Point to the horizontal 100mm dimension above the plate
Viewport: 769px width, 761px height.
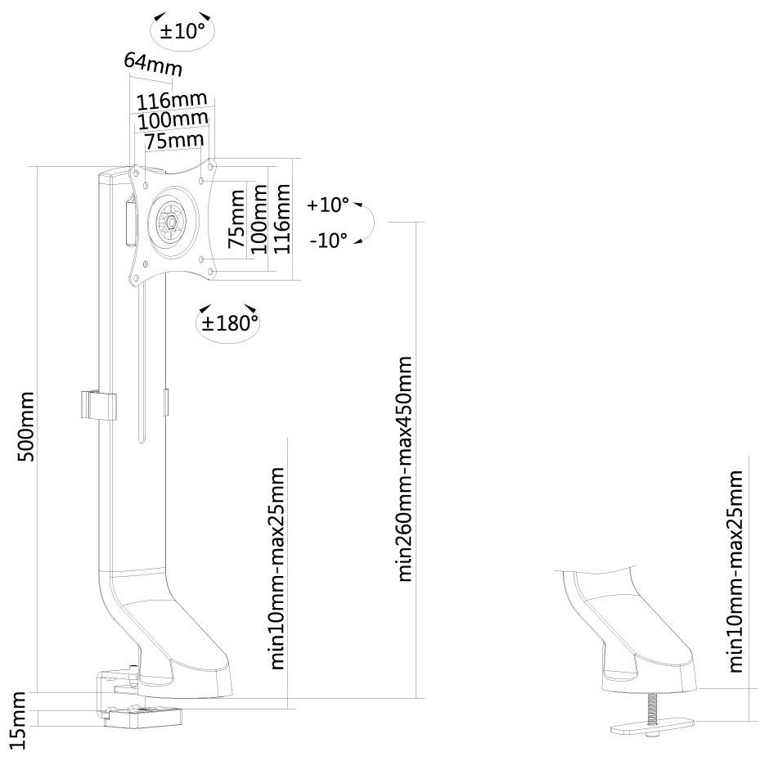173,121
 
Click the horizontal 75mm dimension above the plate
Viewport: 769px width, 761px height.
173,141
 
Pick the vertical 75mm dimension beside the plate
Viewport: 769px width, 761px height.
236,221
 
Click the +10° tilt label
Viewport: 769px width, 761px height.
328,205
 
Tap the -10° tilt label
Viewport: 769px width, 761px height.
328,240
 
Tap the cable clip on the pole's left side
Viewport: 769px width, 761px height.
97,405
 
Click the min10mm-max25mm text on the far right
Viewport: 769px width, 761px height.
738,571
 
